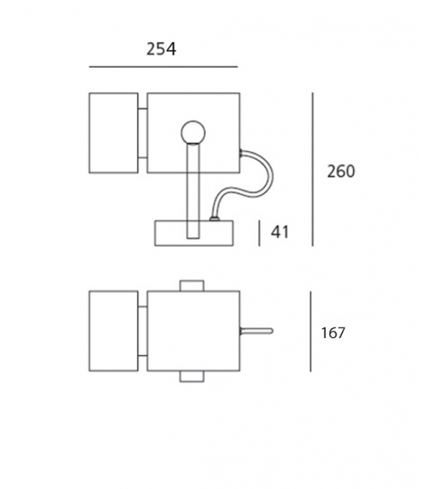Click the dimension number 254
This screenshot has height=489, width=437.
click(161, 50)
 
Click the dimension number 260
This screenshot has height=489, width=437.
click(340, 171)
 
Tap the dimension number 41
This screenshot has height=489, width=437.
click(280, 232)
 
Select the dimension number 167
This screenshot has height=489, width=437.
click(333, 333)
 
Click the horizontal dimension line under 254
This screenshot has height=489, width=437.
click(163, 67)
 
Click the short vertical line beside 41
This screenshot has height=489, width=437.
click(260, 233)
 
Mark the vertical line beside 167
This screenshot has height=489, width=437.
click(311, 333)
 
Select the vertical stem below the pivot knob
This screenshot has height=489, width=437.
click(191, 190)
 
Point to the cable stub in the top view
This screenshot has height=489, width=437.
click(257, 331)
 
